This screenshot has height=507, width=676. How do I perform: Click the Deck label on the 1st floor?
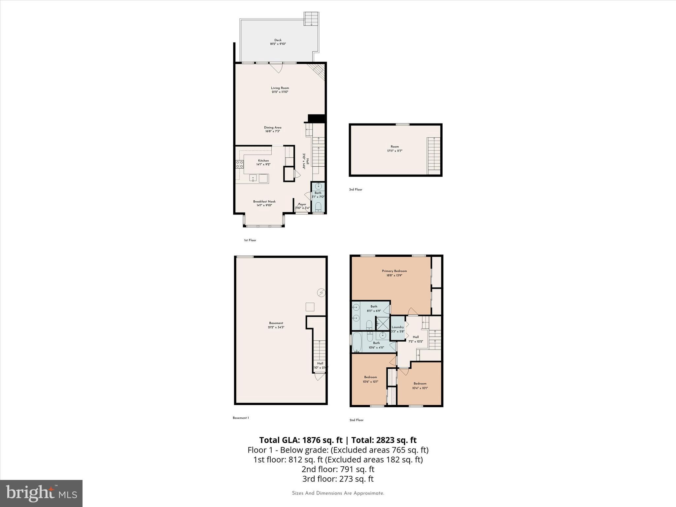pos(278,42)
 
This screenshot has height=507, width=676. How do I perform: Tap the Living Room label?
pos(280,90)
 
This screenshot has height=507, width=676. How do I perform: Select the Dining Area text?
pos(273,129)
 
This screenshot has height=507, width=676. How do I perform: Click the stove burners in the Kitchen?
pos(239,164)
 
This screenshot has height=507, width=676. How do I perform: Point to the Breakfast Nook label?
pos(264,203)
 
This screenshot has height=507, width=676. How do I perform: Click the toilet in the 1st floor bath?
pos(318,207)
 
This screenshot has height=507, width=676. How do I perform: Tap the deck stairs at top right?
pos(311,19)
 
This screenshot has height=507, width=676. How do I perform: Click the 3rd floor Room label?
pos(395,149)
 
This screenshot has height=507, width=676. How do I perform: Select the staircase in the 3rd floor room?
pos(434,155)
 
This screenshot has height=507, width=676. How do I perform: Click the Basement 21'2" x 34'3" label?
pos(276,325)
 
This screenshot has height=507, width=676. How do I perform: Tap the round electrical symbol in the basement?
pos(321,292)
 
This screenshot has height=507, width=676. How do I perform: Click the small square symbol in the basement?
pos(310,307)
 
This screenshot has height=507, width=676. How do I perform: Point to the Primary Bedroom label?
pos(394,273)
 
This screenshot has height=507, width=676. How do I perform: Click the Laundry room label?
pos(397,329)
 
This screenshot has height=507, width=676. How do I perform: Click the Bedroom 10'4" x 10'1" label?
pos(420,386)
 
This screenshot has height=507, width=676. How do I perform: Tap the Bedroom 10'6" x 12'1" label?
pos(370,379)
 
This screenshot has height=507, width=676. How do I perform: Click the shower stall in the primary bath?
pos(383,323)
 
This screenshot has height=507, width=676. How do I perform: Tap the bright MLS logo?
pos(41,493)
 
